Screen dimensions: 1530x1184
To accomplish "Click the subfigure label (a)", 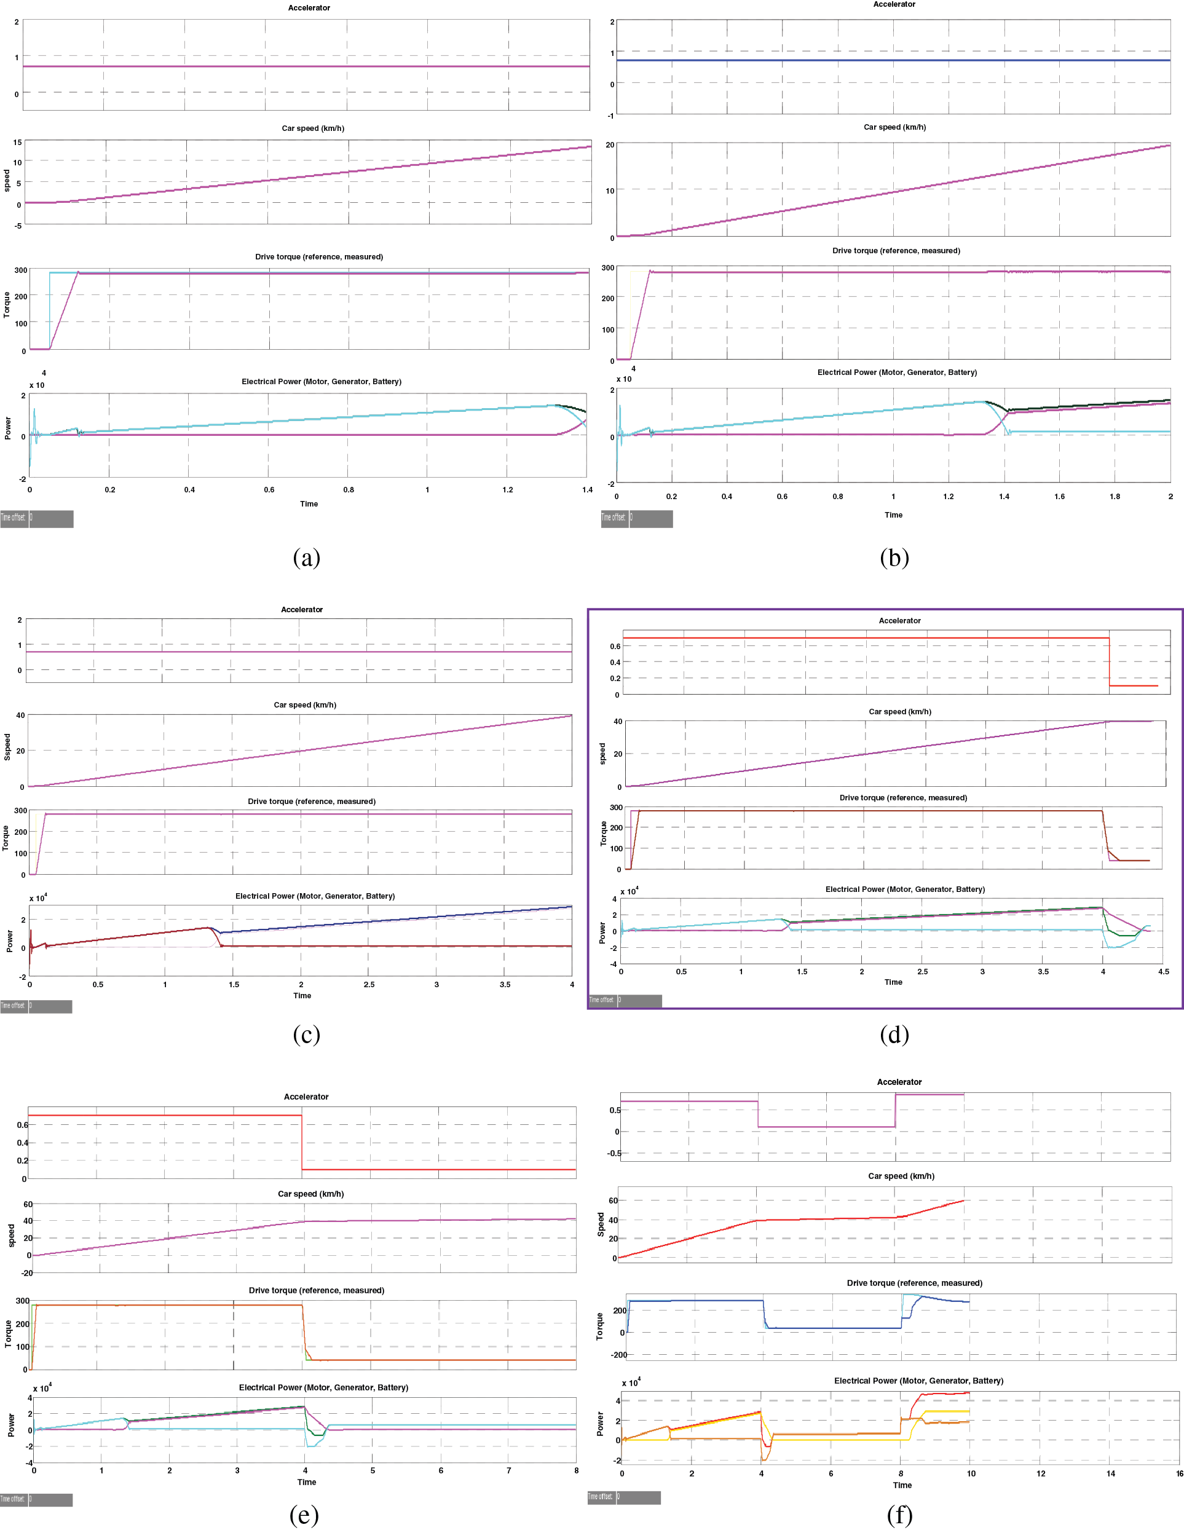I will (x=306, y=558).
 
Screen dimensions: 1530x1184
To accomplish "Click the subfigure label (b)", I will (x=894, y=558).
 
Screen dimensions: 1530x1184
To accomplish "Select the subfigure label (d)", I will (x=894, y=1034).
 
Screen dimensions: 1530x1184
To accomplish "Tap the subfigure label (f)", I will (x=899, y=1515).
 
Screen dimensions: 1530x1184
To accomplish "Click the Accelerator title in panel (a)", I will (x=309, y=8).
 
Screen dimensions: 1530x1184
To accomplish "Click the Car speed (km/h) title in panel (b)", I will (x=894, y=127).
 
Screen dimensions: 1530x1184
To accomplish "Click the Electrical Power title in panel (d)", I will (x=904, y=889).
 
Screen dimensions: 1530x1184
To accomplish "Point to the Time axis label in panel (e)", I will (x=306, y=1481).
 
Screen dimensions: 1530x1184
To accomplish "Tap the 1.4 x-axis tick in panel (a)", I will (x=587, y=490).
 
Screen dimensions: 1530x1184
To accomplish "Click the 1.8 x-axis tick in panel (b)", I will (x=1115, y=496).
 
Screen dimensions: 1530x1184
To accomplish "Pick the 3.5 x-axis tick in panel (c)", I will (x=505, y=984).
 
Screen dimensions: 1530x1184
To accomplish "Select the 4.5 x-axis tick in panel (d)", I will (x=1163, y=972).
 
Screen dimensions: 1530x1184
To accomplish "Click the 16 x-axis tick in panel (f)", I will (x=1179, y=1473).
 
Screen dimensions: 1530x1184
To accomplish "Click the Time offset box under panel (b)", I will (x=650, y=518).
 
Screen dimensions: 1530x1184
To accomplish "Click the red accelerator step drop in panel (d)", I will (x=1109, y=662).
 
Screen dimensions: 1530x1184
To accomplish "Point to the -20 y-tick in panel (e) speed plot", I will (x=26, y=1273).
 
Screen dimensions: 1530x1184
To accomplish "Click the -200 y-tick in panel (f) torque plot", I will (x=618, y=1355).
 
